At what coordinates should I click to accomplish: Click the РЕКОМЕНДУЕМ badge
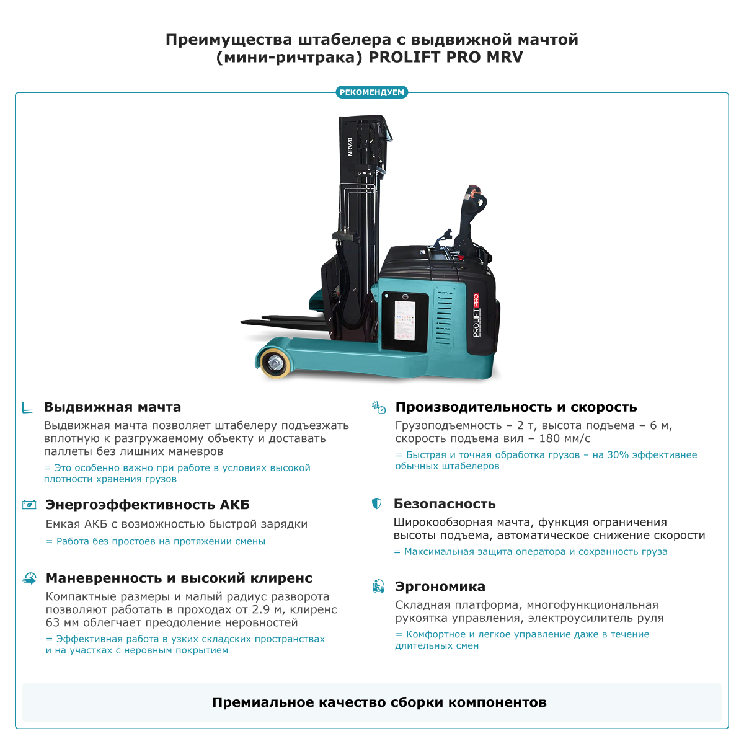(x=372, y=92)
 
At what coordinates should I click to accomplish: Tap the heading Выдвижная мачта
(x=112, y=407)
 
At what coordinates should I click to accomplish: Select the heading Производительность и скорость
(x=516, y=407)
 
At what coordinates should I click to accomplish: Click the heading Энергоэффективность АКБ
(x=148, y=505)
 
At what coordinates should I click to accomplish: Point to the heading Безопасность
(x=445, y=504)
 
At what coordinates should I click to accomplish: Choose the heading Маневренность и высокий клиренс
(x=179, y=578)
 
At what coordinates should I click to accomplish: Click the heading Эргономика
(x=440, y=587)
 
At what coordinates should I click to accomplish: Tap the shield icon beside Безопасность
(x=376, y=503)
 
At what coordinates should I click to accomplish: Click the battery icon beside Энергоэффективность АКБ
(x=29, y=505)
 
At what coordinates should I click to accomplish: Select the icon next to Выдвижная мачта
(x=27, y=407)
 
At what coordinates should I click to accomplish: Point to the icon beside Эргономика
(x=378, y=586)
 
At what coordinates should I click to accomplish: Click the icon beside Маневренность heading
(x=29, y=578)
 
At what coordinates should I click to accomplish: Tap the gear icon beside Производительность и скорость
(x=378, y=407)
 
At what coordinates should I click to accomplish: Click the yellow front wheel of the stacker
(x=273, y=363)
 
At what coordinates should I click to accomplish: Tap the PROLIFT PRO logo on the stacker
(x=476, y=315)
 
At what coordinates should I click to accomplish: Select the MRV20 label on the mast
(x=350, y=146)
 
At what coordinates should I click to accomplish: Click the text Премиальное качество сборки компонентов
(x=379, y=702)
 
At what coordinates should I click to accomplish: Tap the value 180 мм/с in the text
(x=559, y=438)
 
